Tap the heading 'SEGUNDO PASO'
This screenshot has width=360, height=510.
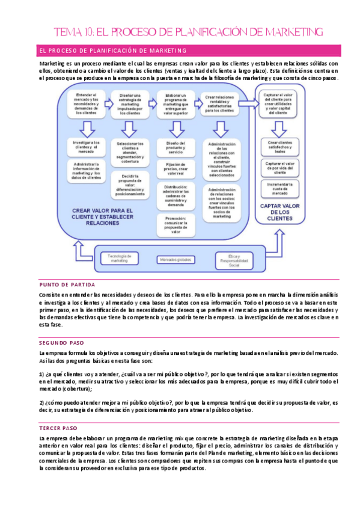point(62,342)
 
